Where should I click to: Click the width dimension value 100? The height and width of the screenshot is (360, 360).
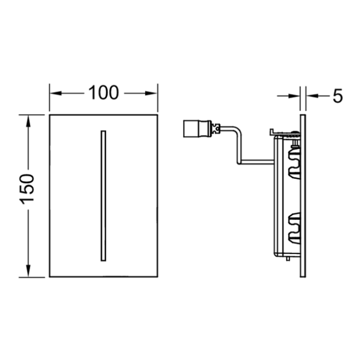coord(103,94)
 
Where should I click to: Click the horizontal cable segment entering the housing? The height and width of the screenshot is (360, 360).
coord(256,160)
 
